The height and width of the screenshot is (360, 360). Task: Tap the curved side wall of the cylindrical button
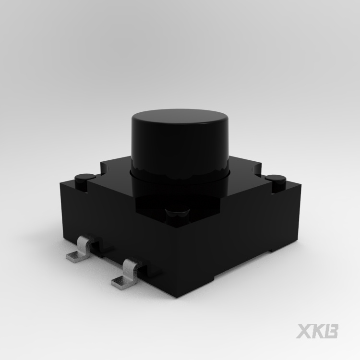[180, 147]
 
